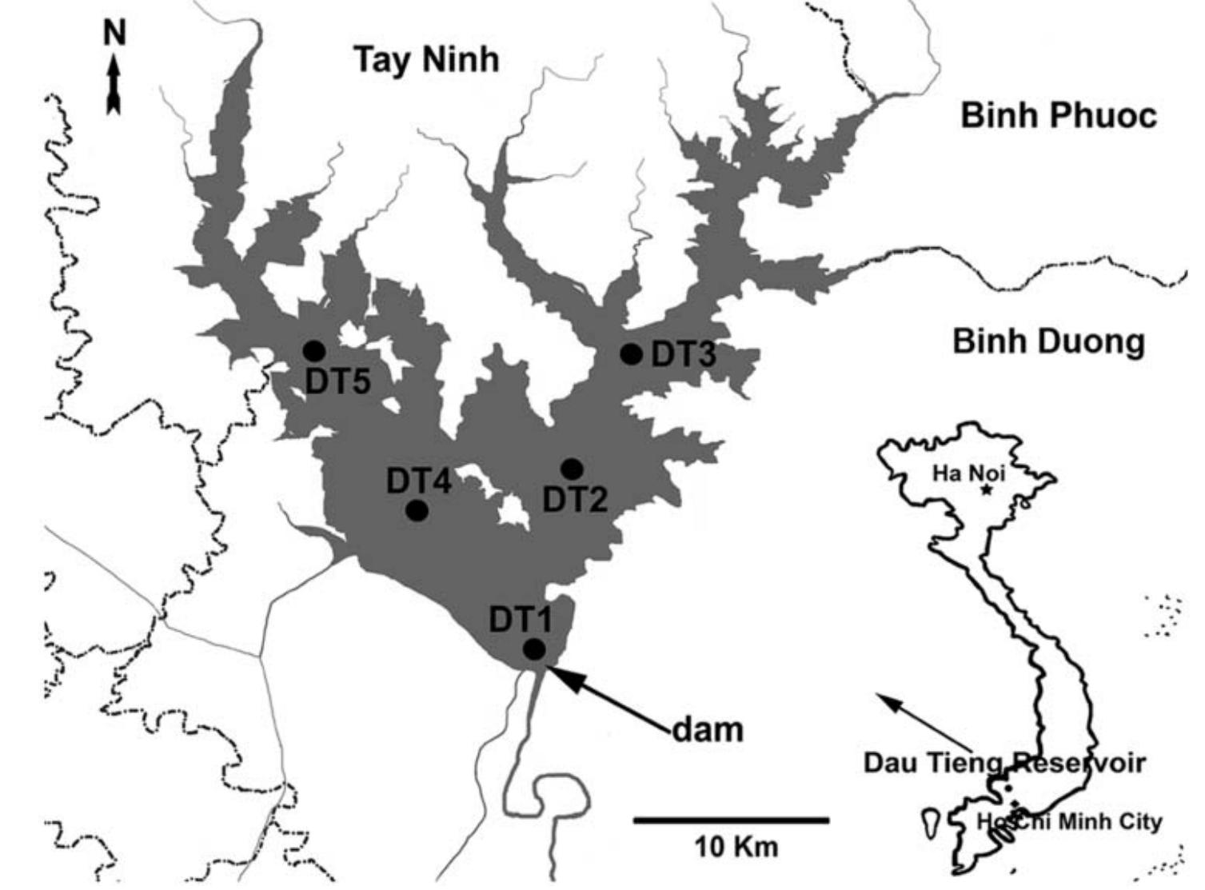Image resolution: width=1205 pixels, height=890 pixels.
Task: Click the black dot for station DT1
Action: (x=534, y=649)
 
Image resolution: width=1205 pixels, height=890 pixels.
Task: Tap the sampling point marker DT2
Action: (x=572, y=468)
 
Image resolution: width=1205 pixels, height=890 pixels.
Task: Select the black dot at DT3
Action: (x=632, y=354)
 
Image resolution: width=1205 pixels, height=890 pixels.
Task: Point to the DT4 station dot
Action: (x=417, y=510)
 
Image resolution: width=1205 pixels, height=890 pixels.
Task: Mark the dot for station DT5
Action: (x=314, y=350)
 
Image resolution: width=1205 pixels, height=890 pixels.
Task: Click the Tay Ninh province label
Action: (x=426, y=59)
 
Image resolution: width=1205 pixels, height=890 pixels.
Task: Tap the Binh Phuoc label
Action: (x=1058, y=116)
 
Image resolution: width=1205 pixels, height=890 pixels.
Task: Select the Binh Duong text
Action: (x=1048, y=342)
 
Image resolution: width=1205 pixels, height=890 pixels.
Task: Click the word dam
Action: (x=707, y=729)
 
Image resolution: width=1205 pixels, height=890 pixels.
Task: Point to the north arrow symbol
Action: (x=114, y=84)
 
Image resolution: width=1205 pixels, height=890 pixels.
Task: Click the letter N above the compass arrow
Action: (x=115, y=34)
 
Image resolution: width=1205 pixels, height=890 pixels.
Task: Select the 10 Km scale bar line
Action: (x=732, y=820)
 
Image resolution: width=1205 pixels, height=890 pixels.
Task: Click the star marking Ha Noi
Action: (x=987, y=489)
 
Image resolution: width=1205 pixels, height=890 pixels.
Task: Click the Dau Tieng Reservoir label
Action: (x=1004, y=762)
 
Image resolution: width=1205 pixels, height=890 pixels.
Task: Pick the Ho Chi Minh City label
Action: (x=1069, y=821)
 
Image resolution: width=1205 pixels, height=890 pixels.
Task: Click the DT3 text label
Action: (x=684, y=354)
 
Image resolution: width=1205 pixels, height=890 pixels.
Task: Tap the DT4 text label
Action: (x=419, y=481)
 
